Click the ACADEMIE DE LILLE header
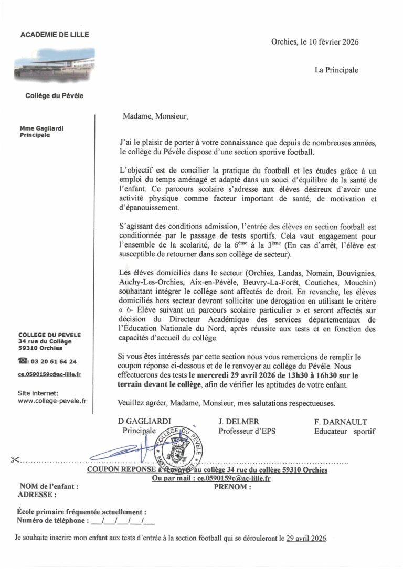pyautogui.click(x=55, y=35)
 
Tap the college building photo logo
pyautogui.click(x=55, y=62)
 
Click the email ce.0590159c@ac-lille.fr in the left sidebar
pyautogui.click(x=49, y=374)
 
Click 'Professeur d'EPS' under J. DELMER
pyautogui.click(x=247, y=431)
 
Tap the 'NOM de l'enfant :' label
pyautogui.click(x=49, y=486)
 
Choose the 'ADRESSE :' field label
pyautogui.click(x=37, y=494)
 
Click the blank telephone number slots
pyautogui.click(x=122, y=521)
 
